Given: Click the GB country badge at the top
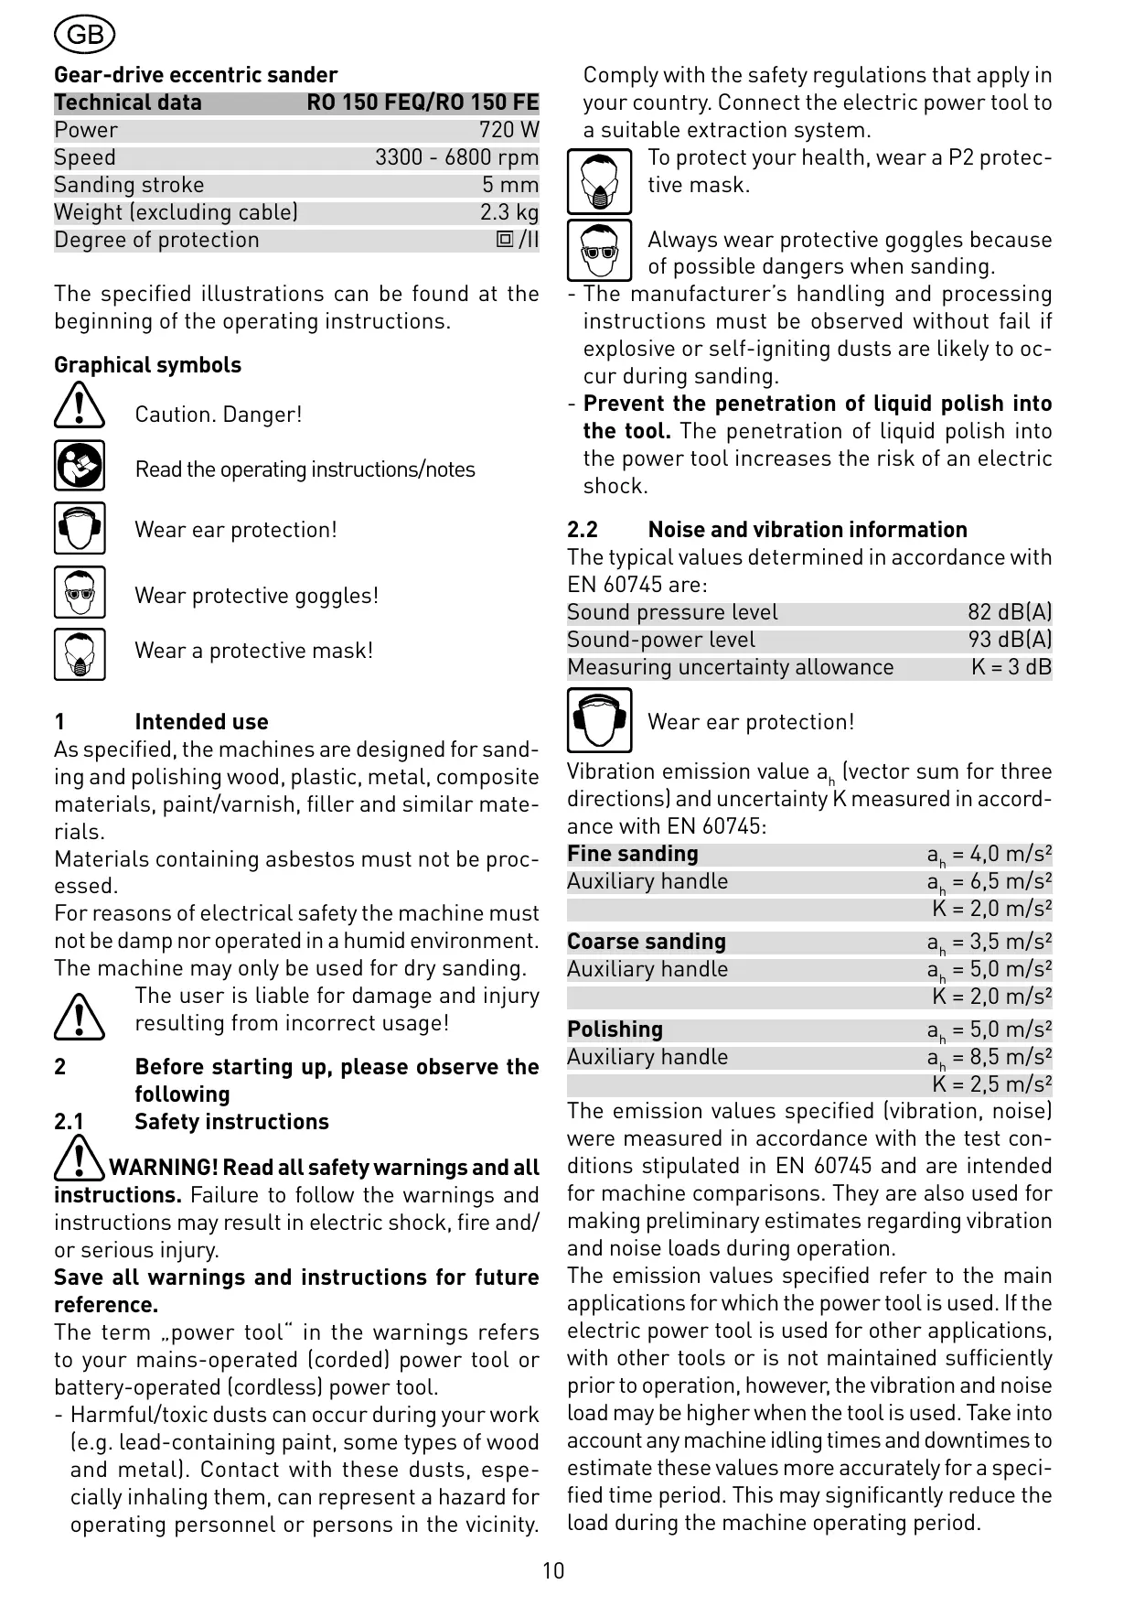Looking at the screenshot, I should click(x=85, y=35).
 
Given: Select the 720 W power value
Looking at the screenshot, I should click(x=508, y=130).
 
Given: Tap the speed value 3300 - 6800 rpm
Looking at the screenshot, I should click(x=456, y=157).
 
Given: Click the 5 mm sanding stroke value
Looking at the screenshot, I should click(x=510, y=185).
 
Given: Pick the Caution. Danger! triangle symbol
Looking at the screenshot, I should click(x=80, y=405).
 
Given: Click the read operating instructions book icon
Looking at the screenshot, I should click(x=80, y=466).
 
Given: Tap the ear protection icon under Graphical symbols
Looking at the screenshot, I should click(x=80, y=528).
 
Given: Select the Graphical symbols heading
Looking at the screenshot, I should click(x=147, y=365).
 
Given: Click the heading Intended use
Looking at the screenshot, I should click(x=201, y=722).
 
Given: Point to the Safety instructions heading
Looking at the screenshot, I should click(x=231, y=1122).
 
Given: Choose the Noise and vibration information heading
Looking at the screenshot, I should click(x=808, y=530).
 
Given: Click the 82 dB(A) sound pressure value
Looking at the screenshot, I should click(x=1010, y=612).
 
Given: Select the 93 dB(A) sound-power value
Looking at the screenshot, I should click(x=1010, y=640).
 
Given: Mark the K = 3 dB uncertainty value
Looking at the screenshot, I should click(x=1011, y=667).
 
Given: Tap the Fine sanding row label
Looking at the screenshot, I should click(x=633, y=854).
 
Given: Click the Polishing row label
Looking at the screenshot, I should click(x=615, y=1029).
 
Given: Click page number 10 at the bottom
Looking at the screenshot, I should click(x=553, y=1571).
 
